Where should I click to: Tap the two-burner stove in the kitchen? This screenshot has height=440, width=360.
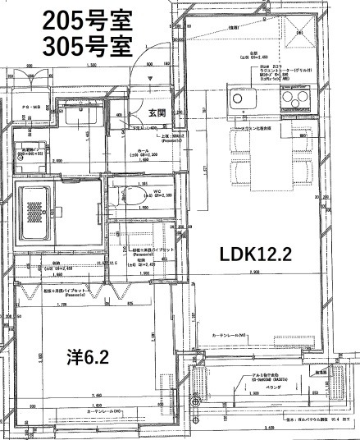point(293,99)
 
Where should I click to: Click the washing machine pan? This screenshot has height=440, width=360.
point(31,156)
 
